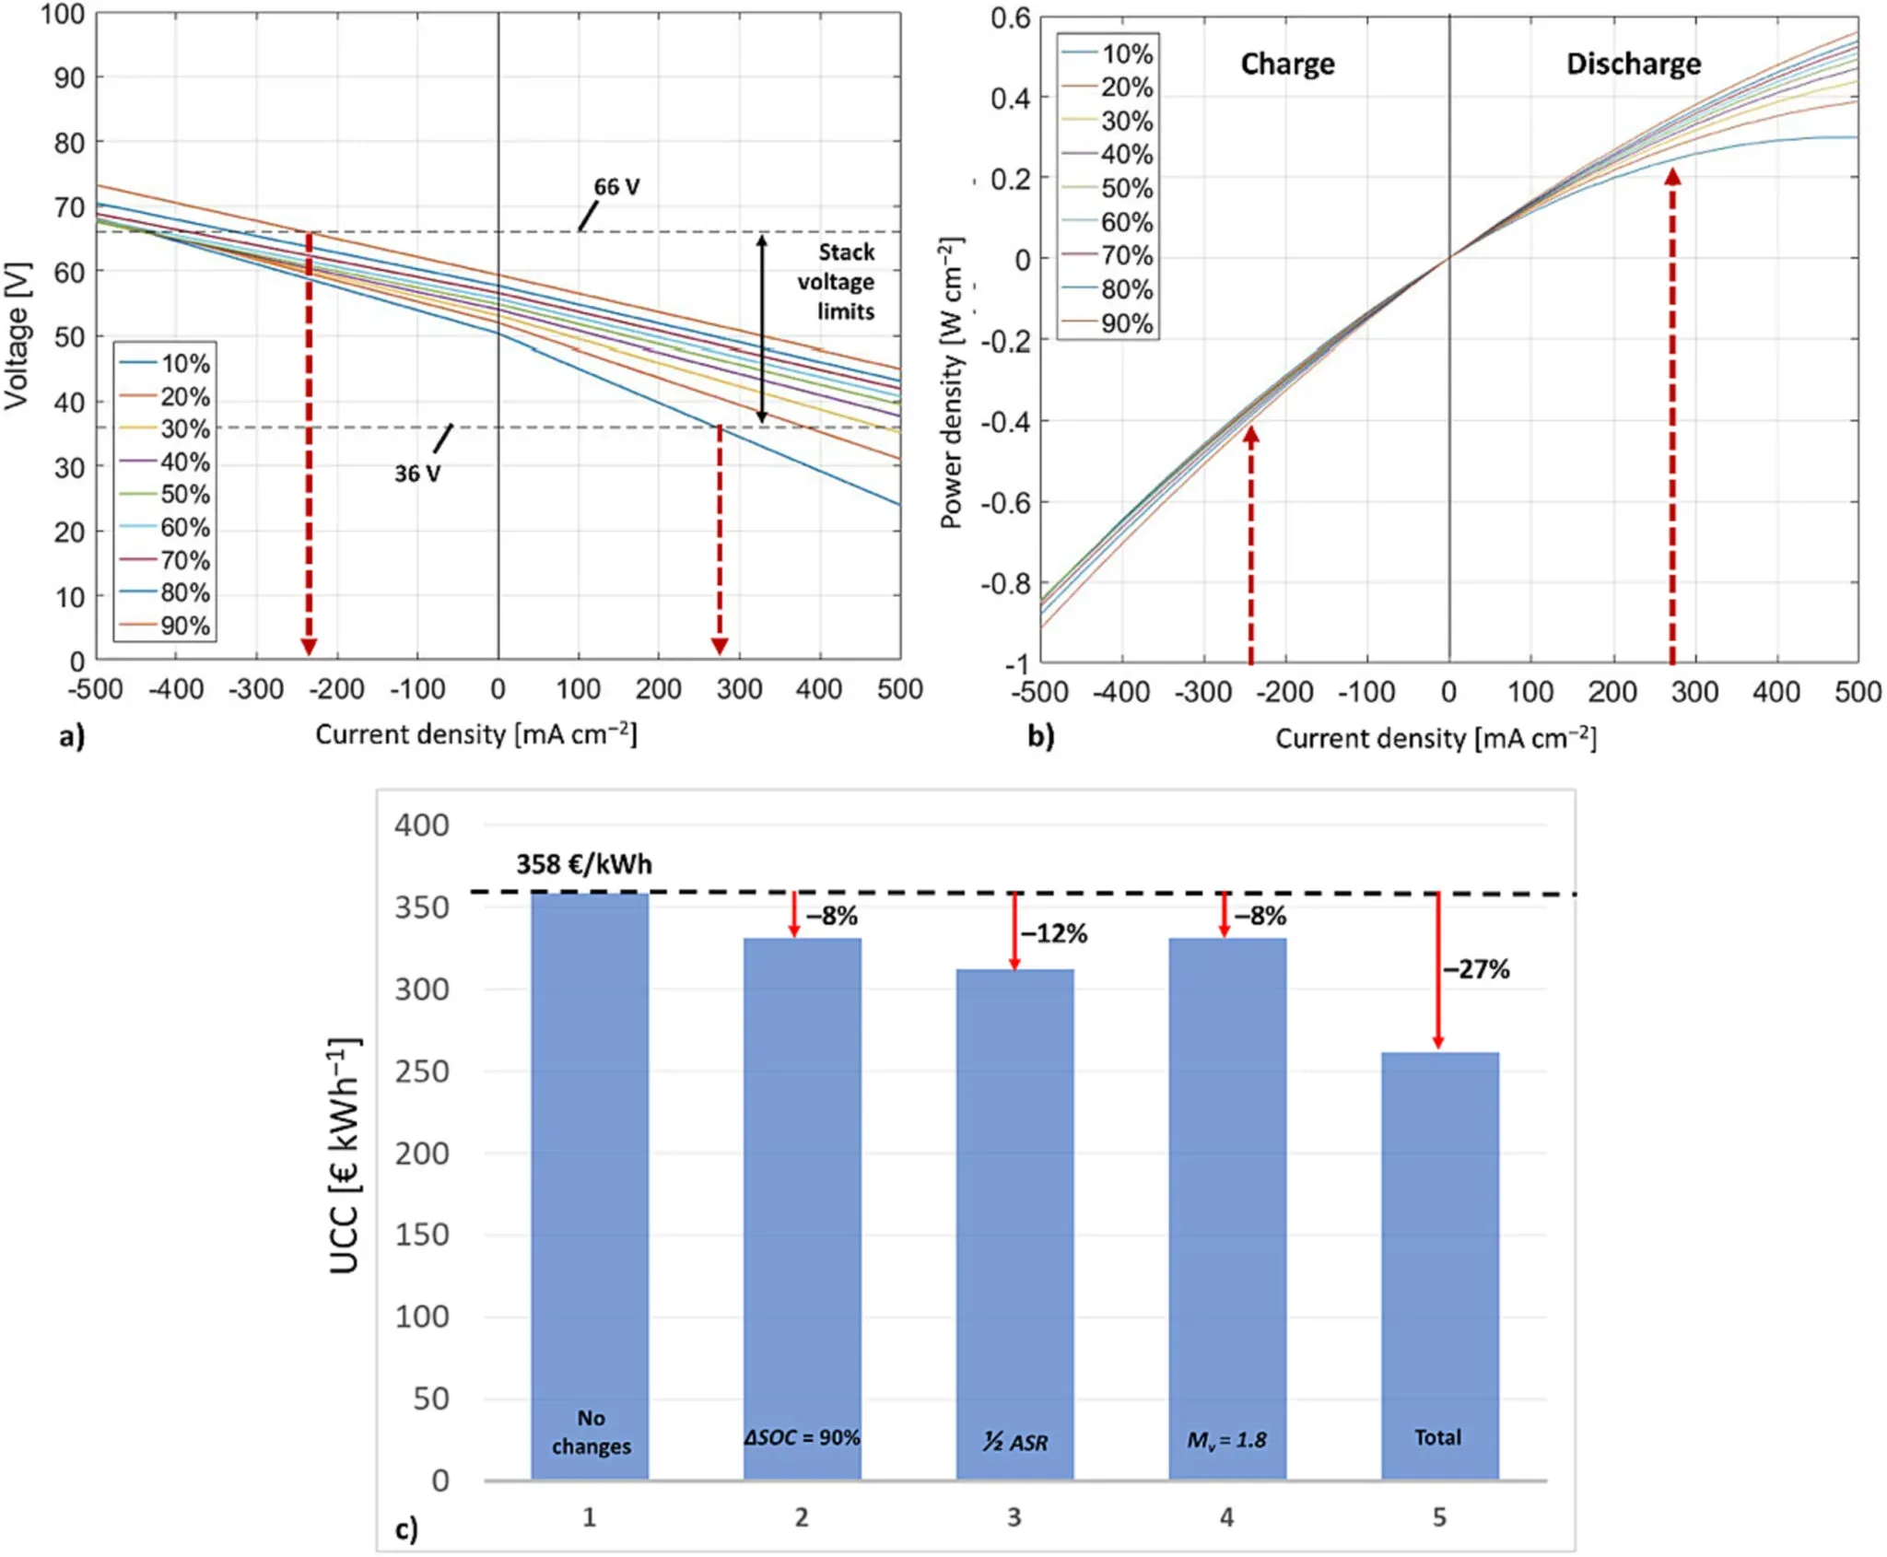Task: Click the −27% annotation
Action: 1476,969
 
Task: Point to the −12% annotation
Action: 1054,934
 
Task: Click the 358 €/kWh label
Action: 583,864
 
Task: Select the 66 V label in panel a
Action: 616,187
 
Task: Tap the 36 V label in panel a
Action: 417,474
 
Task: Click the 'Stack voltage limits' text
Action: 837,282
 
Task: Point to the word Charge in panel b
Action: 1287,64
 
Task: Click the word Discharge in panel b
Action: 1634,64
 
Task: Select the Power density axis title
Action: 952,382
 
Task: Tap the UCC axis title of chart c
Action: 345,1155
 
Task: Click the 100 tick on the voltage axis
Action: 63,15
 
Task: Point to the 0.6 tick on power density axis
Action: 1011,18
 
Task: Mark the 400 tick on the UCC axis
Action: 422,825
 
